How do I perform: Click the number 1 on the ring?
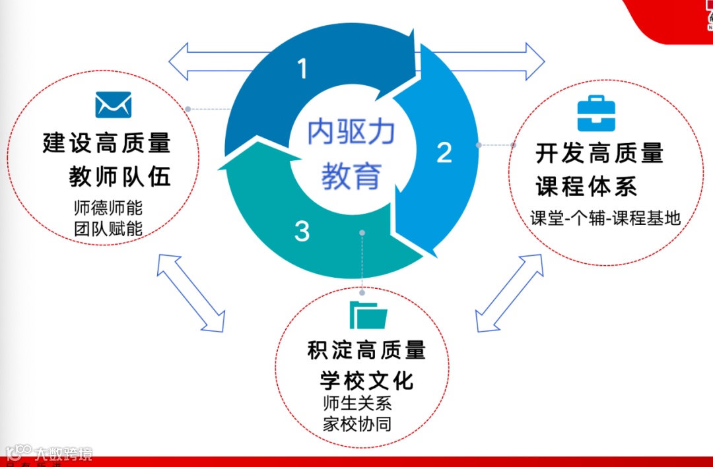(302, 69)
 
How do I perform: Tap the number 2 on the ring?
(444, 152)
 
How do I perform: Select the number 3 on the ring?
(302, 232)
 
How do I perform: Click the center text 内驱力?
(351, 133)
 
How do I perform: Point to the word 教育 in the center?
(351, 176)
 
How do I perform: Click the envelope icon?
(114, 105)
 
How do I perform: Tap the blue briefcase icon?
(596, 114)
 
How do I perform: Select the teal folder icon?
(368, 315)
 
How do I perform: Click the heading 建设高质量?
(107, 143)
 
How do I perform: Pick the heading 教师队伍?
(120, 176)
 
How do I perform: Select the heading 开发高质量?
(599, 154)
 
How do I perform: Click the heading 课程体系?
(586, 187)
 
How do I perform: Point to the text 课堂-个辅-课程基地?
(605, 218)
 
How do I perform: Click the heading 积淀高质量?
(366, 350)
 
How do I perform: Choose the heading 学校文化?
(366, 381)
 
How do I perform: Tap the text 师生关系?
(357, 403)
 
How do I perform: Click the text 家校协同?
(357, 423)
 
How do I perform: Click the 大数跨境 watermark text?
(63, 454)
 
